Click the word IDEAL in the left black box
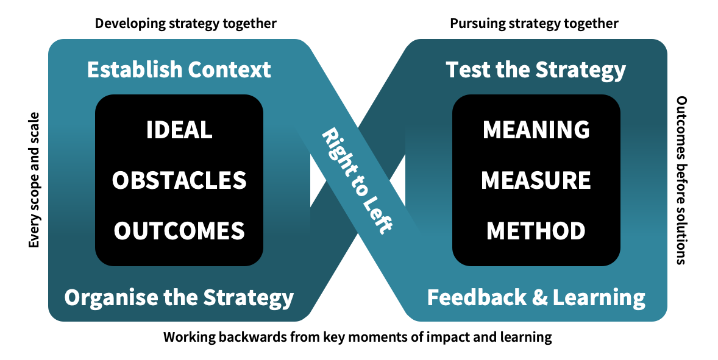[179, 130]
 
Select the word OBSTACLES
[179, 180]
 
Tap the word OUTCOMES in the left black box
[179, 230]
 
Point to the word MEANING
[536, 130]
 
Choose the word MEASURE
[536, 180]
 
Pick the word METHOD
[536, 230]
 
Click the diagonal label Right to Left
[357, 181]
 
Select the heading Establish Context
[179, 69]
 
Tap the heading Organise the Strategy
[179, 297]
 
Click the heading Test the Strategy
[536, 70]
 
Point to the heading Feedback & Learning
[536, 297]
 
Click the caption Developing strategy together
[185, 24]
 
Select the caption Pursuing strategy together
[534, 24]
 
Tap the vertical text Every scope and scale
[34, 180]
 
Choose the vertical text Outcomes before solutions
[681, 180]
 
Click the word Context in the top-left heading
[229, 69]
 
